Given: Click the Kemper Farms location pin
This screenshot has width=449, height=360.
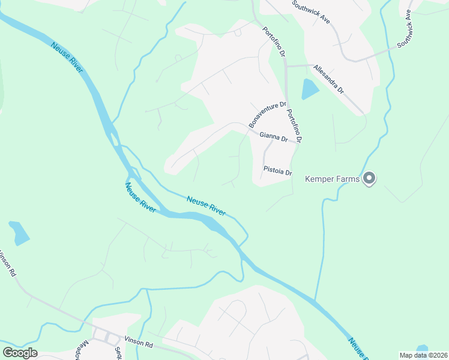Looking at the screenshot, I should [370, 178].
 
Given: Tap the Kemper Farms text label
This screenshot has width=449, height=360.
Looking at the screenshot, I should [333, 178].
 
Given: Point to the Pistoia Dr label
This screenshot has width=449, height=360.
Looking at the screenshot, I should [277, 172].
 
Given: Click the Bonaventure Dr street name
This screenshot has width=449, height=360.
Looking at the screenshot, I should [267, 114].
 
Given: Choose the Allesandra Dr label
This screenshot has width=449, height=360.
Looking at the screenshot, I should [328, 79].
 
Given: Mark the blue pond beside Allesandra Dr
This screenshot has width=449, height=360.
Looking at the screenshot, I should [310, 89].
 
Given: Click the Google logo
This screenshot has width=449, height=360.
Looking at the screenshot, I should [20, 352].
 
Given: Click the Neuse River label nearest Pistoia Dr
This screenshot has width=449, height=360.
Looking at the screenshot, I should [206, 206].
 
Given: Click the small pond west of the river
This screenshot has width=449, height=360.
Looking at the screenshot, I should [19, 233].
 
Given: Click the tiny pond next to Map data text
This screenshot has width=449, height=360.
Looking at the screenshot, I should [422, 347].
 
